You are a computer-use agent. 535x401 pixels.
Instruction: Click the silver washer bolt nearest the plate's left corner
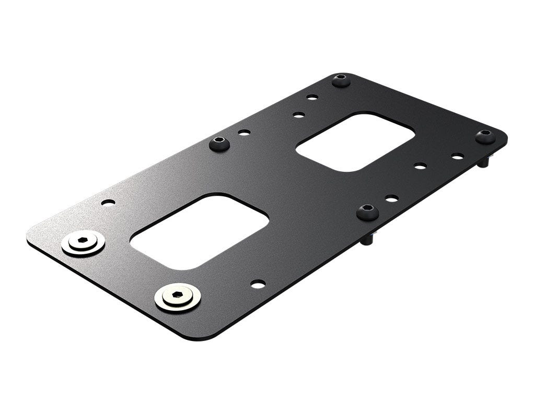[83, 243]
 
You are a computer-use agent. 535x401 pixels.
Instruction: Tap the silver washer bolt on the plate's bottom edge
[178, 298]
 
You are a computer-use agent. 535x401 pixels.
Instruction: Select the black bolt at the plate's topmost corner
[341, 80]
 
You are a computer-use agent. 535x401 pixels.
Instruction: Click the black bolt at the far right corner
[485, 136]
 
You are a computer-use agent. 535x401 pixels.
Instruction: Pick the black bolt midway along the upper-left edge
[219, 144]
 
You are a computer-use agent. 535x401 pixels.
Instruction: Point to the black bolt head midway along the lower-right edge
[368, 212]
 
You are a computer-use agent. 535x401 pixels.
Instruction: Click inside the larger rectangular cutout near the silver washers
[199, 232]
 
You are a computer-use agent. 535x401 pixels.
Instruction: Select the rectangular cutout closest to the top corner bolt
[355, 141]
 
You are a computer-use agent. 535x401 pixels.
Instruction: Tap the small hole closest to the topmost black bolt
[312, 97]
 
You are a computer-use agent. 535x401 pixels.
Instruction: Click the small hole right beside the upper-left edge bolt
[244, 133]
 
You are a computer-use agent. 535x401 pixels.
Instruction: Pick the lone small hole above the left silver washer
[108, 202]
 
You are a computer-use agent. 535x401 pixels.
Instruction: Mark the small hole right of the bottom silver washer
[258, 284]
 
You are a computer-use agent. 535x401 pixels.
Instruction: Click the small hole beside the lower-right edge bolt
[391, 198]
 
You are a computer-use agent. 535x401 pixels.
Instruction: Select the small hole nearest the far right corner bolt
[458, 156]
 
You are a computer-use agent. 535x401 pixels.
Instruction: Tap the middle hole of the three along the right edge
[420, 166]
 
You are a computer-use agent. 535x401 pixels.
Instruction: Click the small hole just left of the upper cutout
[299, 114]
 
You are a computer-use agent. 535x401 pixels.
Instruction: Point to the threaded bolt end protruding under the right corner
[484, 162]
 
